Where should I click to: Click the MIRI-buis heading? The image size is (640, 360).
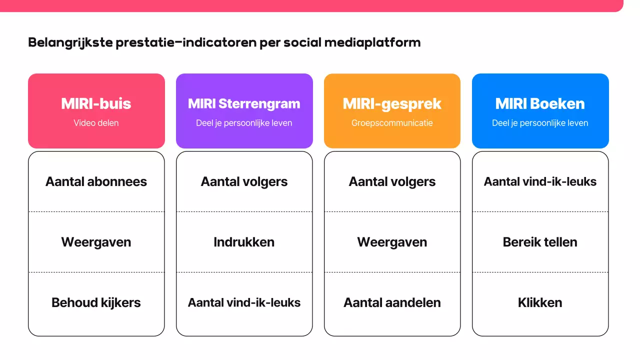[x=96, y=103]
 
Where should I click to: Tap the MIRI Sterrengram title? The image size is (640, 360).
[x=244, y=103]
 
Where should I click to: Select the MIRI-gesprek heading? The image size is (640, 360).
[x=392, y=103]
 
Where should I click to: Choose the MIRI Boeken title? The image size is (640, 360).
[x=540, y=103]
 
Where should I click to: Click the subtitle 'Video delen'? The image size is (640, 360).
[x=96, y=123]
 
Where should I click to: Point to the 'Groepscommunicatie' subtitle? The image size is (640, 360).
[x=392, y=123]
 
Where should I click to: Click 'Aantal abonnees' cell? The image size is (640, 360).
[x=96, y=181]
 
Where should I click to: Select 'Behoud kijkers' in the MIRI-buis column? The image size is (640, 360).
[x=96, y=302]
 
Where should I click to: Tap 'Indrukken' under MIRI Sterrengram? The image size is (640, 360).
[x=244, y=242]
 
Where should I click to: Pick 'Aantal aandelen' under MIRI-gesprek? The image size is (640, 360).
[x=392, y=302]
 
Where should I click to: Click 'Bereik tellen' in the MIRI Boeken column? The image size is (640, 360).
[x=540, y=242]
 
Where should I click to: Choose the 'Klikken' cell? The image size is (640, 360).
[x=540, y=302]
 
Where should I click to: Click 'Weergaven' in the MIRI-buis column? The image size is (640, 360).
[x=96, y=242]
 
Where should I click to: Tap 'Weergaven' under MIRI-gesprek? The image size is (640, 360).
[x=392, y=242]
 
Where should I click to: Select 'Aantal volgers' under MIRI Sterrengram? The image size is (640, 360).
[x=244, y=181]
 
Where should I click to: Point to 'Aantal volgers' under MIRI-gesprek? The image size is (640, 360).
[x=392, y=181]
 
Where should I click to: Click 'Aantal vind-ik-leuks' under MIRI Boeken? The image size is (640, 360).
[x=540, y=181]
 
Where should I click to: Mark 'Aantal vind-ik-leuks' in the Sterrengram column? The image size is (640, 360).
[x=244, y=302]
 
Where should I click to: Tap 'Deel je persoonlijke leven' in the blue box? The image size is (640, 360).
[x=540, y=123]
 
